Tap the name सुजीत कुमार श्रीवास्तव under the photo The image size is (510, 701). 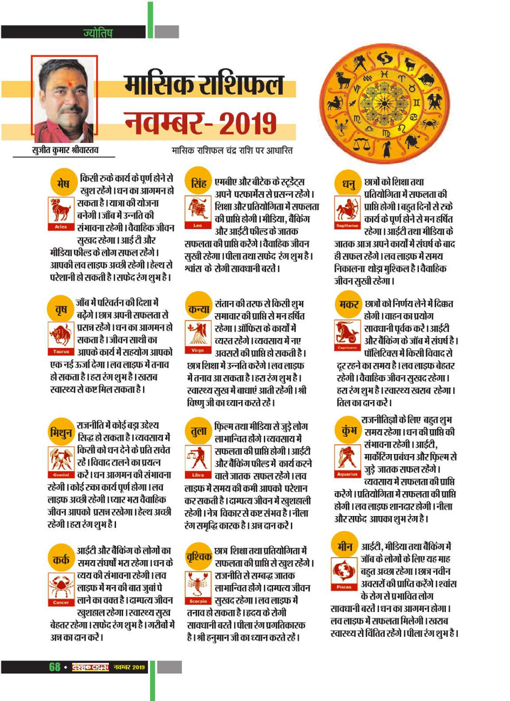(x=64, y=150)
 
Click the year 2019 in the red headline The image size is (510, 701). (x=248, y=123)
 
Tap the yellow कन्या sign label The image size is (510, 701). (x=199, y=309)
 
